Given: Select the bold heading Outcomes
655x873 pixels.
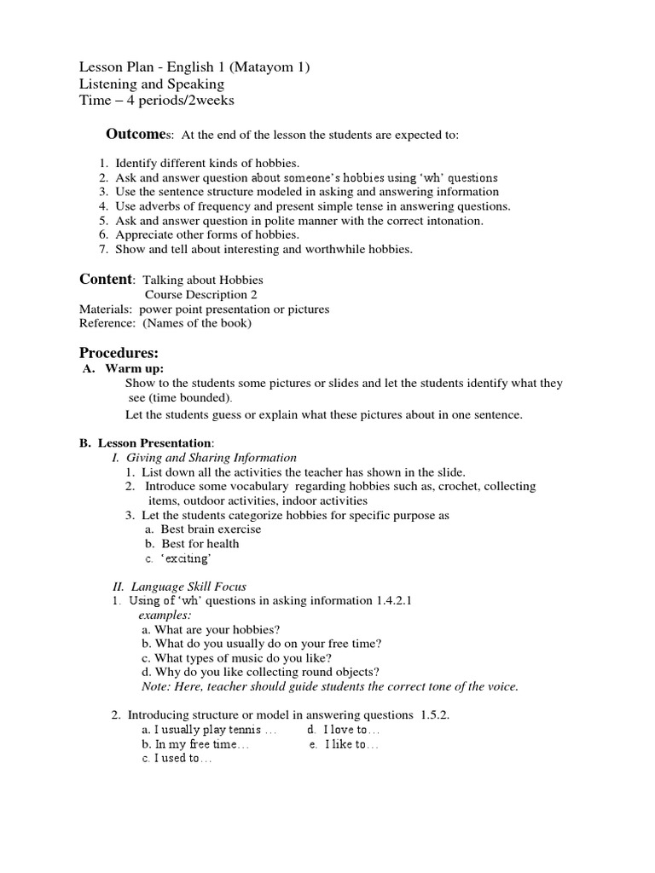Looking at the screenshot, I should [x=137, y=134].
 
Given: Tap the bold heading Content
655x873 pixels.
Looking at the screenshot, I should [x=106, y=279].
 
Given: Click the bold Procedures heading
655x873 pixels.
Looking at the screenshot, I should [x=119, y=352].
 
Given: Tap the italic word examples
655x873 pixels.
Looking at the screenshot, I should [x=165, y=614].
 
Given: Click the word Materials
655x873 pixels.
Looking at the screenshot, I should [x=106, y=309].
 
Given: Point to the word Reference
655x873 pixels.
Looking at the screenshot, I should [x=107, y=323].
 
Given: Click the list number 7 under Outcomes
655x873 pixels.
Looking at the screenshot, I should [x=102, y=249].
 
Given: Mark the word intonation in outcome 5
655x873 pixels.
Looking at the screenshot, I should [x=453, y=220].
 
